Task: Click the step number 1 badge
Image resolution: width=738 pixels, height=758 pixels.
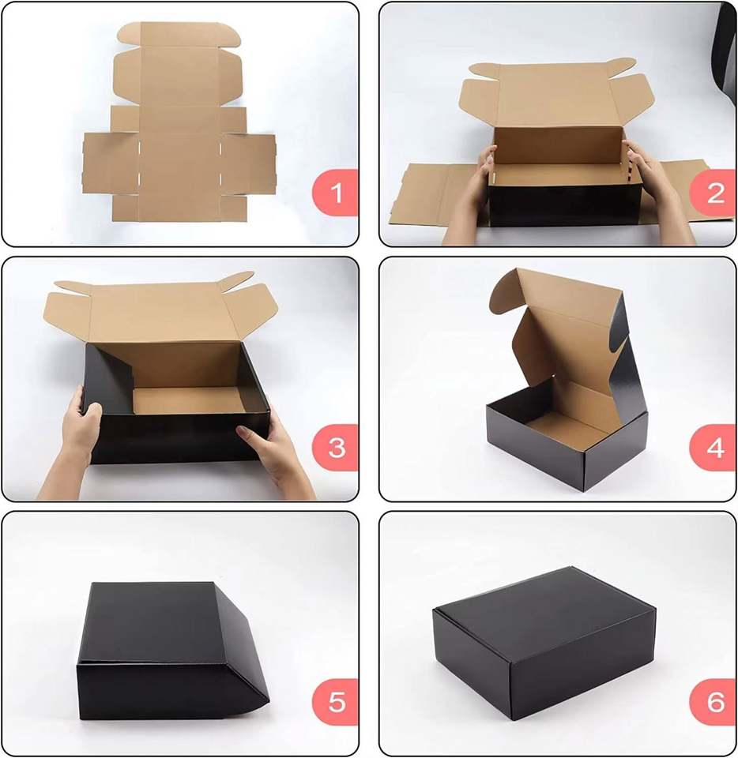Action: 336,193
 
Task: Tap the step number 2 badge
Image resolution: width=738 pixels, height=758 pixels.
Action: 713,193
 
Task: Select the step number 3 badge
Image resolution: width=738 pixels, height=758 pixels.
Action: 336,448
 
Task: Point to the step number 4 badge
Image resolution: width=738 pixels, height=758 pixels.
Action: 713,448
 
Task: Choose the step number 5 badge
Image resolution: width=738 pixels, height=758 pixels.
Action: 336,702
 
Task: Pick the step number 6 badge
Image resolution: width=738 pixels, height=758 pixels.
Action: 713,702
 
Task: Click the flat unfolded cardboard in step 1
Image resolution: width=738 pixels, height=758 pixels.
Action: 179,123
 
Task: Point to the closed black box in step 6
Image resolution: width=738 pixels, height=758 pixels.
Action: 544,643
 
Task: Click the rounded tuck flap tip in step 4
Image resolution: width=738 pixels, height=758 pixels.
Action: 506,290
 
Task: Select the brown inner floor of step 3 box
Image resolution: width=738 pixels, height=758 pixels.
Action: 189,400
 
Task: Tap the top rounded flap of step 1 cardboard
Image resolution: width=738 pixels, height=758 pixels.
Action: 179,35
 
